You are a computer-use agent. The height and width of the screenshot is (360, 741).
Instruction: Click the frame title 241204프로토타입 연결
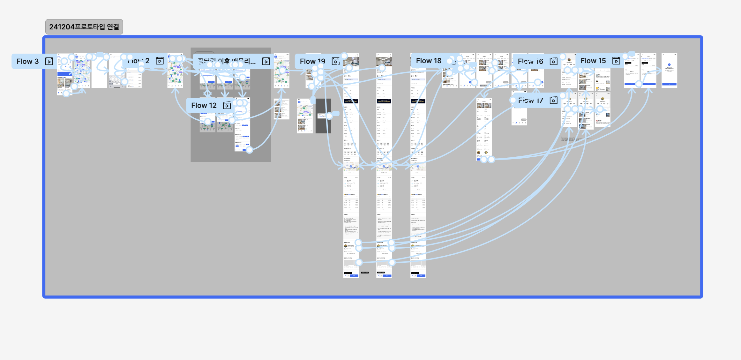click(x=84, y=27)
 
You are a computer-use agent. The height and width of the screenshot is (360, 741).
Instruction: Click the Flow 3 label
click(x=27, y=61)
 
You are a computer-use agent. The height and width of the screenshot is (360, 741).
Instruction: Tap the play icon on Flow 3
click(x=49, y=61)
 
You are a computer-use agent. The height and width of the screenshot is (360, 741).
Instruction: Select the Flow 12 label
click(x=204, y=106)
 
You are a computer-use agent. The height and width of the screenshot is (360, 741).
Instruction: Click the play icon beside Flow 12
click(x=227, y=106)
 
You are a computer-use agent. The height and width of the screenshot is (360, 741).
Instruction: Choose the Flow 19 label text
click(x=312, y=61)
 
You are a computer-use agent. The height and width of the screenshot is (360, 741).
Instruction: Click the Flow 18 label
click(x=428, y=61)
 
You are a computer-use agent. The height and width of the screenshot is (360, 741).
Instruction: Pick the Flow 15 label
click(x=593, y=61)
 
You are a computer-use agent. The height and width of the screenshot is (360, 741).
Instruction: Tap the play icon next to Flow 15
click(x=616, y=61)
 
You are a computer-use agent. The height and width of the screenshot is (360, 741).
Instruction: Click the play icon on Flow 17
click(x=554, y=100)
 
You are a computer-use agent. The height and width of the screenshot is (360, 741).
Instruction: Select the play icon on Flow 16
click(x=554, y=61)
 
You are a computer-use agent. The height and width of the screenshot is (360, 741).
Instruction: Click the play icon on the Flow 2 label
click(x=160, y=61)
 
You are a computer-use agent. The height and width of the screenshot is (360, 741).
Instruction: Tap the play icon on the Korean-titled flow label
click(x=266, y=61)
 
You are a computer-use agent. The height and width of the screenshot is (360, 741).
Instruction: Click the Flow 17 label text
click(x=530, y=100)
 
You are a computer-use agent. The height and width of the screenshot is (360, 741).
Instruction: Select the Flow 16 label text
click(x=530, y=61)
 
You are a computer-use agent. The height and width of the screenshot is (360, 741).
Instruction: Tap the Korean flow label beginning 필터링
click(x=227, y=61)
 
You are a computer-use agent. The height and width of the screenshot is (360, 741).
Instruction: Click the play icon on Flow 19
click(x=335, y=61)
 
